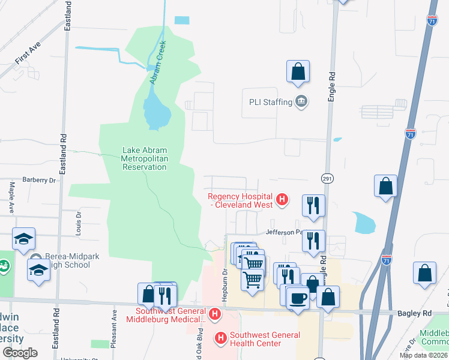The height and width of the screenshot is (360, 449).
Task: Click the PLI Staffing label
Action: pyautogui.click(x=270, y=102)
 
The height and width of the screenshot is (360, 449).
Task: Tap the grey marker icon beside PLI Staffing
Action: pyautogui.click(x=301, y=101)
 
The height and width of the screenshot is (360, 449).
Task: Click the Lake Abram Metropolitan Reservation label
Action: pyautogui.click(x=144, y=158)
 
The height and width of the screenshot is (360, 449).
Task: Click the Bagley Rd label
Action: pyautogui.click(x=414, y=313)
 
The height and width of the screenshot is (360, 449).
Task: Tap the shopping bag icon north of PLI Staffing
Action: pyautogui.click(x=298, y=72)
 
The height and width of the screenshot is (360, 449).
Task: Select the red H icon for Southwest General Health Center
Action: pyautogui.click(x=220, y=338)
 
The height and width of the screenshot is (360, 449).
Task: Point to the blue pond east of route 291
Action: pyautogui.click(x=364, y=223)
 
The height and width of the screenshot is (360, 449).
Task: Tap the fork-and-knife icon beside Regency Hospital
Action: pyautogui.click(x=313, y=205)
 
